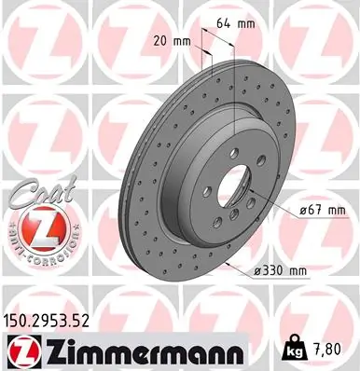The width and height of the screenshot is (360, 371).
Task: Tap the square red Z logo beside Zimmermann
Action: point(21,351)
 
